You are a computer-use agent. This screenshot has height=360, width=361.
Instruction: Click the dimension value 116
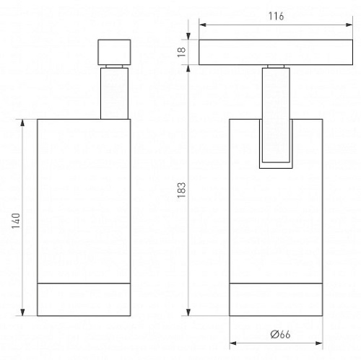pos(276,17)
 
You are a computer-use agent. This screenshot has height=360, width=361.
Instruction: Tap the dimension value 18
pos(182,52)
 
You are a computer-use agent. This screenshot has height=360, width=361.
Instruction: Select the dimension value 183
pos(182,190)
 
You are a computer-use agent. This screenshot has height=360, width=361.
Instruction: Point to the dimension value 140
pos(16,221)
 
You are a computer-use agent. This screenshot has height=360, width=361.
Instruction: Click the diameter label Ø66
pos(280,334)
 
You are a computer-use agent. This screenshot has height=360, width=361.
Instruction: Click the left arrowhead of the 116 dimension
pos(203,25)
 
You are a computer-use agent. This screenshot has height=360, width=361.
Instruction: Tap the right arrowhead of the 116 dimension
pos(349,25)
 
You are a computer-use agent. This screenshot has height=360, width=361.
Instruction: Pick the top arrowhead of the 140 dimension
pos(22,123)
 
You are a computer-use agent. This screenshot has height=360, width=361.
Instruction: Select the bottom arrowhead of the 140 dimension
pos(22,312)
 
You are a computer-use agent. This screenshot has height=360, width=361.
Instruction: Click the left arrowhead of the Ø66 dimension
pos(233,343)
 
